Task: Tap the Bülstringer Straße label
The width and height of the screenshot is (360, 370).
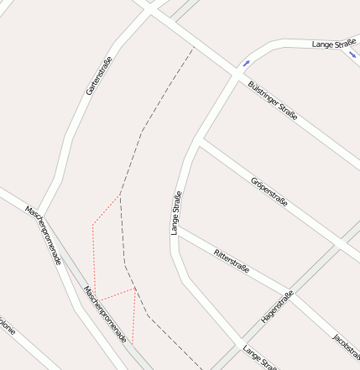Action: click(273, 100)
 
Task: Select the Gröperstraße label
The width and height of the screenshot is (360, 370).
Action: click(269, 191)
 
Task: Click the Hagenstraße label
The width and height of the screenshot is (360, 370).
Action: click(277, 307)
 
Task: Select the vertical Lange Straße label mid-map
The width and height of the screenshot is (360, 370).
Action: click(176, 213)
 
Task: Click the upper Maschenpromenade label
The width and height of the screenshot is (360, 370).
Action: click(44, 235)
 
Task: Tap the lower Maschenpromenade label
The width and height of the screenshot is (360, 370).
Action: click(105, 314)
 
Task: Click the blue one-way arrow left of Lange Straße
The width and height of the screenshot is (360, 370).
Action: click(246, 62)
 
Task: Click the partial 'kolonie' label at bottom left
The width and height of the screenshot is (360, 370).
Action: click(5, 324)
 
